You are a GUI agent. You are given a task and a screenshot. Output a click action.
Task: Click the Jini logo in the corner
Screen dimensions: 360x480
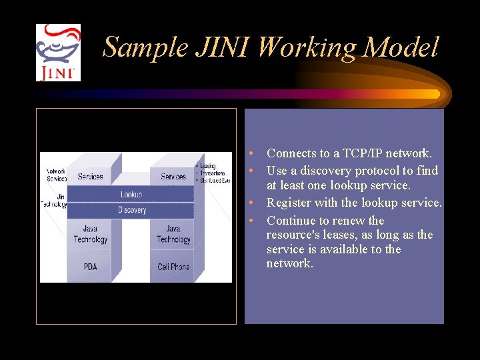point(58,53)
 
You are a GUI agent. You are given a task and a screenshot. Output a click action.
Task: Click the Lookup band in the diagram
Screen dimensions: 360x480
point(131,194)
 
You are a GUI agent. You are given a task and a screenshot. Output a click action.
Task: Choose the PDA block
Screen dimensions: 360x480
point(90,267)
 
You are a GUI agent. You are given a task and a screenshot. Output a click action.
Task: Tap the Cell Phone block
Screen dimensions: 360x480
point(173,267)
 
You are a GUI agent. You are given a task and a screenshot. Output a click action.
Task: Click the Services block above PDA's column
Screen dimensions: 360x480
point(91,177)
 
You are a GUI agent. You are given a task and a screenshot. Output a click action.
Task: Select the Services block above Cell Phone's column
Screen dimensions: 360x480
point(173,177)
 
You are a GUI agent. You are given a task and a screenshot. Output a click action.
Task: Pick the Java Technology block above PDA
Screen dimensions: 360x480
point(91,235)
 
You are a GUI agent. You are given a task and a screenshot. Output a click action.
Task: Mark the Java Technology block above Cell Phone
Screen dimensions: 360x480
point(173,235)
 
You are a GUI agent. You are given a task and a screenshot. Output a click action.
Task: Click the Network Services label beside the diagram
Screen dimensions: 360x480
point(56,175)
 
